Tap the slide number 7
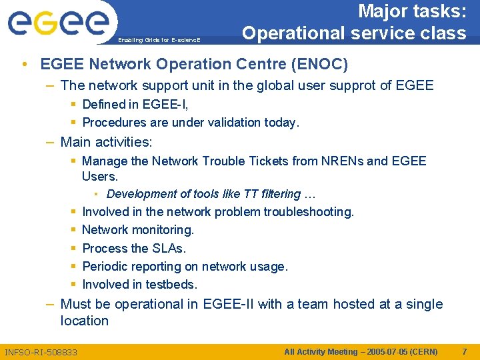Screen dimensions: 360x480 pos(465,351)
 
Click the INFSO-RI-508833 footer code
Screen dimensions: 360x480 pos(41,352)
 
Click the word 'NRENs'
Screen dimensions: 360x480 pos(341,161)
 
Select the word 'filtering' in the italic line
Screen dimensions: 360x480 pos(277,194)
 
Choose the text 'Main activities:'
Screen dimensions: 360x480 pos(106,142)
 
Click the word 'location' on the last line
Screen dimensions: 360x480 pos(84,321)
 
